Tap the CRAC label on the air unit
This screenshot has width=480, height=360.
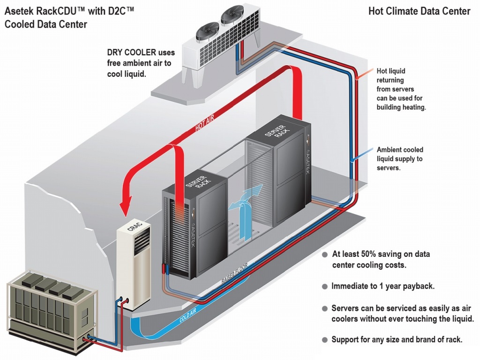[x=133, y=228]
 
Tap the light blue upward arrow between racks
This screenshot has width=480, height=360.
[x=244, y=202]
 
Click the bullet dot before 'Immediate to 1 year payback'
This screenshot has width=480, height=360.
[x=324, y=286]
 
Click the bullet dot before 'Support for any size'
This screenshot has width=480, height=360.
[x=324, y=340]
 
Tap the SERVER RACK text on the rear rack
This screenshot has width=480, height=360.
[x=272, y=132]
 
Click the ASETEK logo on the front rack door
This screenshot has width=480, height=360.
[x=193, y=220]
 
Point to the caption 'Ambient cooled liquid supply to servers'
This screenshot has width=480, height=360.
[x=400, y=158]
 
